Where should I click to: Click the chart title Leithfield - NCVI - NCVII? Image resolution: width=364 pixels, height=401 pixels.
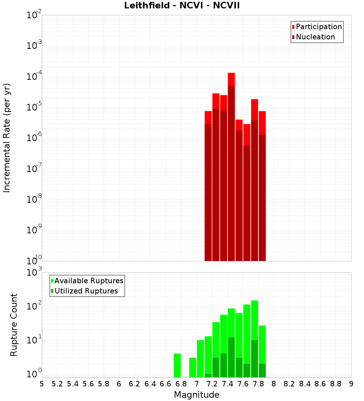182,5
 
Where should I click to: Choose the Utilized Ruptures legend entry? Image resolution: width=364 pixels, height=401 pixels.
86,291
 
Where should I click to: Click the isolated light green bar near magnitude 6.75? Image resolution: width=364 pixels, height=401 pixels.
177,365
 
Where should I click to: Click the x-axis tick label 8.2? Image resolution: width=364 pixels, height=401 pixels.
289,384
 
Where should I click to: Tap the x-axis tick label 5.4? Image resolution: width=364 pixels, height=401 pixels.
73,384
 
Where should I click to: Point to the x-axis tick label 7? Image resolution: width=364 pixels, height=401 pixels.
197,384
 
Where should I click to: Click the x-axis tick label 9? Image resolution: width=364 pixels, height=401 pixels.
351,384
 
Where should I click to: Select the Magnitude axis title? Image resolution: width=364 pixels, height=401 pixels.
197,395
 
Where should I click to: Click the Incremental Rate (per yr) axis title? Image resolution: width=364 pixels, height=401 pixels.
7,138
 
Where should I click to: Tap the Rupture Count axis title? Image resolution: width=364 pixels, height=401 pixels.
14,325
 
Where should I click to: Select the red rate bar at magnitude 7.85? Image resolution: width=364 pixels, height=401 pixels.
262,186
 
